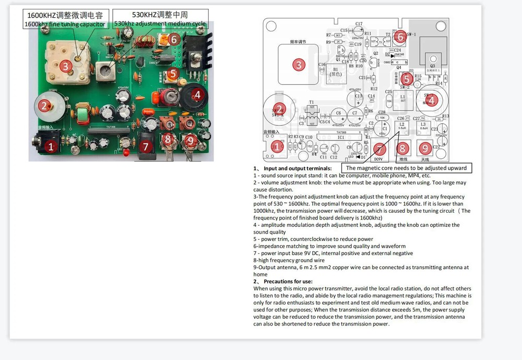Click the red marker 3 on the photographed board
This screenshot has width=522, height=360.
(x=65, y=66)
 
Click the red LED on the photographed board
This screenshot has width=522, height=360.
(x=125, y=142)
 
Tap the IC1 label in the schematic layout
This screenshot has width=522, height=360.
(x=340, y=138)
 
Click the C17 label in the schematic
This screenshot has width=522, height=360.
(x=359, y=24)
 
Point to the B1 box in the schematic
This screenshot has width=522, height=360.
(x=336, y=71)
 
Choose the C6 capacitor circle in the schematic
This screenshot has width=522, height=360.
(x=338, y=113)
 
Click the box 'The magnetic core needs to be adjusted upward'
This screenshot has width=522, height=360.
(x=407, y=168)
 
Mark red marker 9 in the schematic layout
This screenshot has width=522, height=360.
(x=425, y=148)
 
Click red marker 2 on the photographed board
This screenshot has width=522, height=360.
(x=44, y=107)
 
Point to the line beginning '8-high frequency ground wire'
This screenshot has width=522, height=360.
(x=289, y=260)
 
